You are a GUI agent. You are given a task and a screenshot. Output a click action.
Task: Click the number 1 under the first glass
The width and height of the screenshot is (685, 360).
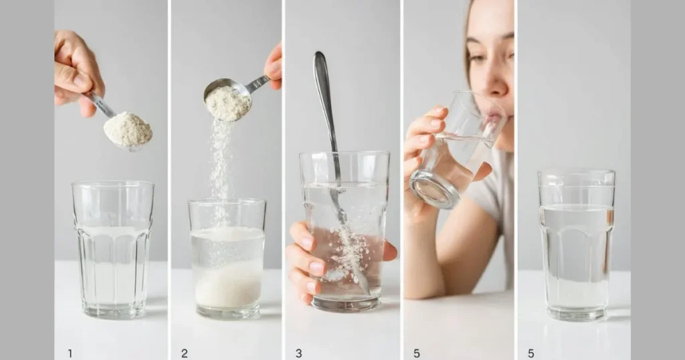(70, 353)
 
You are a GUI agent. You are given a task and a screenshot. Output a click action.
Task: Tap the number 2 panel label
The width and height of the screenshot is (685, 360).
(185, 353)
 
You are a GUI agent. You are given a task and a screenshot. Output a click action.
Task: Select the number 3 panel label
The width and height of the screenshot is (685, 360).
(299, 353)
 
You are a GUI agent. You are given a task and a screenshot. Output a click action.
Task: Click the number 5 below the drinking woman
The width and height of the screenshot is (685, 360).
(416, 353)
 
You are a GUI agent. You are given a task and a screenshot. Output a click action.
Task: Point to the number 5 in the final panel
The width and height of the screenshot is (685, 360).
(530, 353)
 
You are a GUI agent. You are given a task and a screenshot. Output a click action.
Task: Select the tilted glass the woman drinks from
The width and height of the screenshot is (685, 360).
(455, 151)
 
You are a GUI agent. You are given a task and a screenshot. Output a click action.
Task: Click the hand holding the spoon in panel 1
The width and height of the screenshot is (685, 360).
(76, 74)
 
